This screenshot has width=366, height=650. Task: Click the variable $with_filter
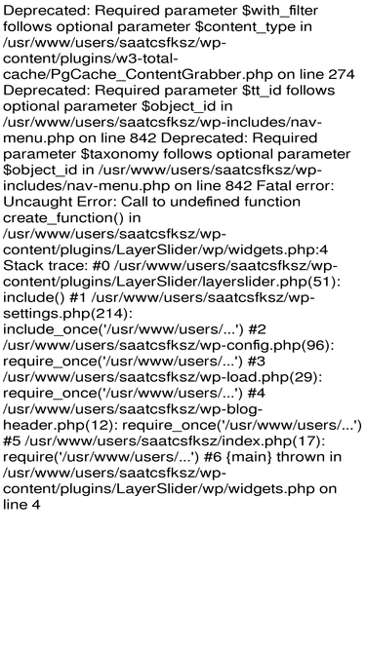click(x=280, y=11)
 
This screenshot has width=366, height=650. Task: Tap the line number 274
click(x=342, y=74)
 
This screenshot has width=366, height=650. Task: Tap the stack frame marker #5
click(x=12, y=441)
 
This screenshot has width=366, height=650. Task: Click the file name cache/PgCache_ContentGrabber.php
click(x=139, y=75)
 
